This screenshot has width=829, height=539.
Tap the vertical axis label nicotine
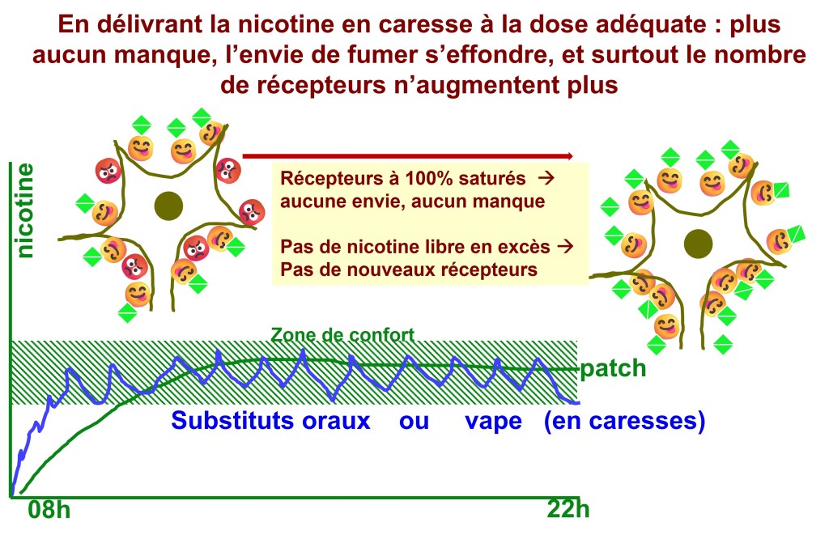(26, 210)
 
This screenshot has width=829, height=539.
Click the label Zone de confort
(342, 333)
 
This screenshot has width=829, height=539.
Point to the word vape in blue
(495, 422)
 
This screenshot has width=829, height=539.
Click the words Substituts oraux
(270, 422)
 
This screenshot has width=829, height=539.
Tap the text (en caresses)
(624, 422)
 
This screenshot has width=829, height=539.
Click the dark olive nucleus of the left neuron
(168, 204)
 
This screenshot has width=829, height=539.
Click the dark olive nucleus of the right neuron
(697, 243)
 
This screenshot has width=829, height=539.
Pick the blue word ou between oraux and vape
(414, 422)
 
